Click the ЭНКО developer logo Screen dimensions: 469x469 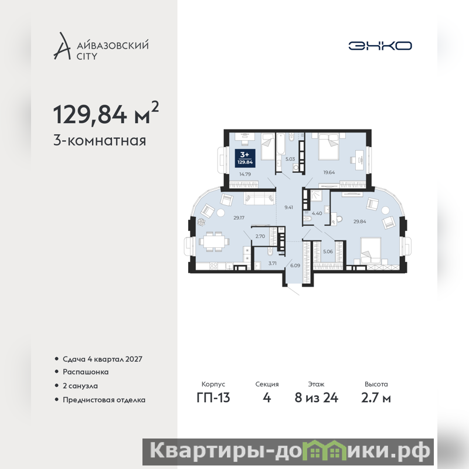click(x=380, y=46)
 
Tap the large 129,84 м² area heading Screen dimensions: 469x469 click(x=106, y=113)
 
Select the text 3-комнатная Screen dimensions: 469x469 click(x=100, y=140)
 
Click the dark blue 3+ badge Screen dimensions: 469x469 click(x=245, y=158)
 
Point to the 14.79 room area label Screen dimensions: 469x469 click(x=245, y=174)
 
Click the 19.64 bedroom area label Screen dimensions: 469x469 click(x=329, y=172)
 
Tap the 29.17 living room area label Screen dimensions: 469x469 click(x=239, y=217)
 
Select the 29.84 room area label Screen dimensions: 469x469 click(x=359, y=222)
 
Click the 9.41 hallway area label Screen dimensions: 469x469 click(x=288, y=208)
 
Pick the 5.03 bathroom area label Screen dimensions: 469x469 click(x=290, y=159)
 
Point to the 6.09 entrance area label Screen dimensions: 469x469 click(x=295, y=266)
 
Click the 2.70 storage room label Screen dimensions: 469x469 click(x=260, y=236)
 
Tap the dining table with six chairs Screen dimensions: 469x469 click(x=214, y=241)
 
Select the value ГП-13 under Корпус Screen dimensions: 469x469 click(x=213, y=397)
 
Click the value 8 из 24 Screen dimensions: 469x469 click(x=316, y=397)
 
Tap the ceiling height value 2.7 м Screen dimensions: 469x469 click(x=376, y=397)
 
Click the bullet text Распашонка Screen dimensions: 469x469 click(x=86, y=372)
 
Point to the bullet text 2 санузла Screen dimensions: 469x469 click(x=80, y=386)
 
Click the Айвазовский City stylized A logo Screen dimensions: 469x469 click(x=62, y=46)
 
